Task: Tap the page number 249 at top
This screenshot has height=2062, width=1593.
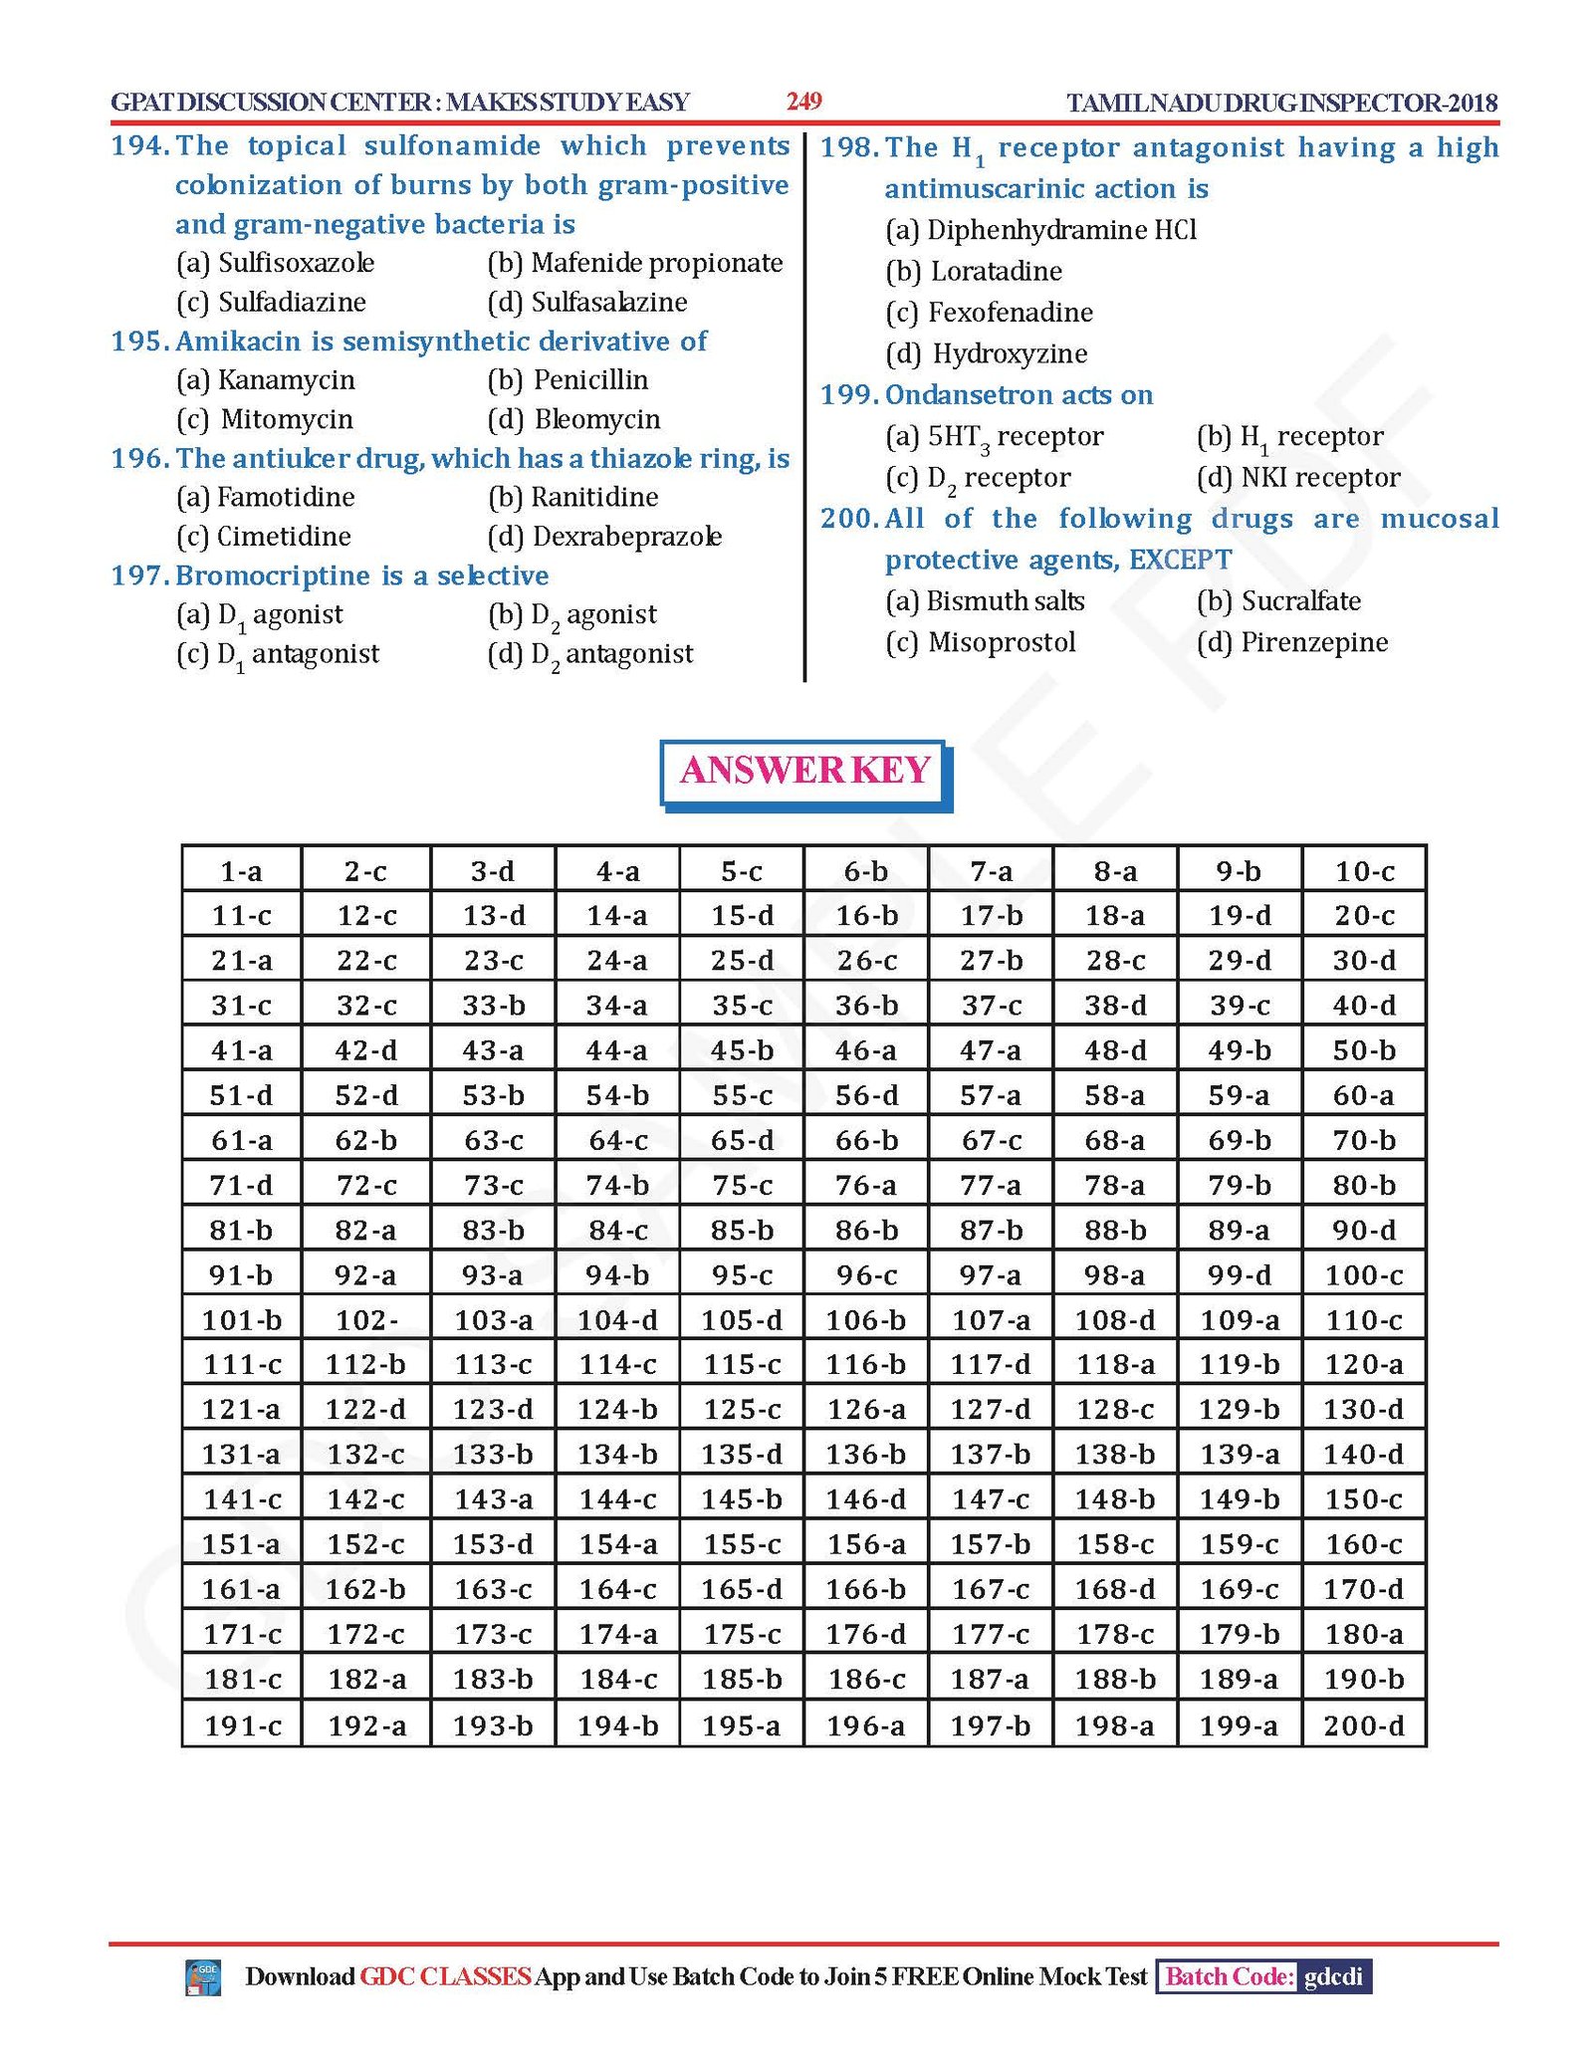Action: [x=803, y=102]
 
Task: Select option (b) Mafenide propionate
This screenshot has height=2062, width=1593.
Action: [x=635, y=263]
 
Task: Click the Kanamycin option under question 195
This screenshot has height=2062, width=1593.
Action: [x=266, y=380]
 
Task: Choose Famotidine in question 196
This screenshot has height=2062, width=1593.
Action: [x=266, y=497]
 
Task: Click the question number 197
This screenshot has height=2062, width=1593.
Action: [x=138, y=575]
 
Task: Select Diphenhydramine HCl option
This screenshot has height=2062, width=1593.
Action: [x=1040, y=230]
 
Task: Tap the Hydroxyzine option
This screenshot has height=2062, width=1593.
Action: [x=987, y=353]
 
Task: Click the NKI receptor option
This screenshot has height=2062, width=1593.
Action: [x=1298, y=478]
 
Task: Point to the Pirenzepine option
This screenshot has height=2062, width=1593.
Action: [x=1292, y=642]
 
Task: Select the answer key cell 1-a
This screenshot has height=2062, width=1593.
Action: [x=241, y=871]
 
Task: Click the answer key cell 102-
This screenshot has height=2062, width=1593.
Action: [x=366, y=1320]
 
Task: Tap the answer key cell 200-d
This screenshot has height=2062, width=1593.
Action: [x=1363, y=1725]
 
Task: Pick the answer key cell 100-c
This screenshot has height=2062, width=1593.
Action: [x=1363, y=1275]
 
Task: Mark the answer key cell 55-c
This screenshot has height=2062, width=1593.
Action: [x=742, y=1095]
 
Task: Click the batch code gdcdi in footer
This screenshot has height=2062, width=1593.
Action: [x=1333, y=1976]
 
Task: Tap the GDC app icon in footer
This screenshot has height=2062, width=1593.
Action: [x=203, y=1977]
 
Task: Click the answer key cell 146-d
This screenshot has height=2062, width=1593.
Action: [x=866, y=1499]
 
